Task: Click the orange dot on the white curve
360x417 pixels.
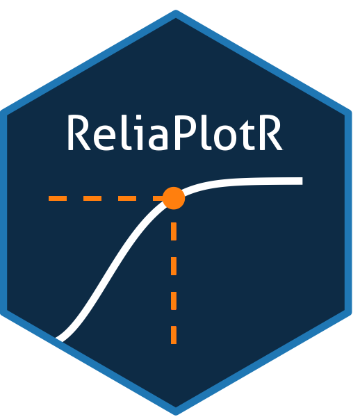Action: (174, 198)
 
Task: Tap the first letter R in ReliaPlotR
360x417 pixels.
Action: (79, 133)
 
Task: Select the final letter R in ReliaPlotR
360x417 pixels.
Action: (270, 133)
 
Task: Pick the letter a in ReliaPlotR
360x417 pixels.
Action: (158, 137)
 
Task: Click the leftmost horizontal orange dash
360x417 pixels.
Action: (58, 198)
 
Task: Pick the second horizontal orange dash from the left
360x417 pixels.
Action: (92, 198)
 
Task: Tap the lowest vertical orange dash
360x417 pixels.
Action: (174, 335)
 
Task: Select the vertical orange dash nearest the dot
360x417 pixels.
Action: (174, 231)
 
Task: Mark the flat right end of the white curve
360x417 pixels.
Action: (302, 181)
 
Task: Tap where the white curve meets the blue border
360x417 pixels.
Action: (58, 339)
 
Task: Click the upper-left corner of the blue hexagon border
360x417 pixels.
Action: (2, 111)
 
